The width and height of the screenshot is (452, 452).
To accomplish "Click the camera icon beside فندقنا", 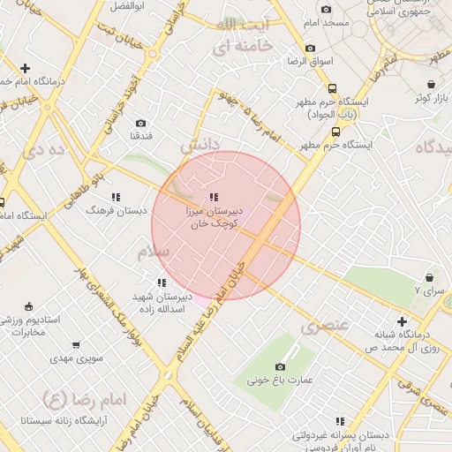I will tap(140, 124).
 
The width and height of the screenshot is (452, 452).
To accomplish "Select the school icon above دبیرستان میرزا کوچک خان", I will tap(213, 198).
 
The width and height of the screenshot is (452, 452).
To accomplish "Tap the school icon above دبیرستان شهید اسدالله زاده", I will tap(161, 282).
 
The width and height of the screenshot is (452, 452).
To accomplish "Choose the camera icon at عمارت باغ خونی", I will tap(281, 366).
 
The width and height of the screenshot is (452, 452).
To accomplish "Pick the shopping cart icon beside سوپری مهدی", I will tap(76, 345).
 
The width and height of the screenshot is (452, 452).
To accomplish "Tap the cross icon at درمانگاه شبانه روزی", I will tap(402, 321).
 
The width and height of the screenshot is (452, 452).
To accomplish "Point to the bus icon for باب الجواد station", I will tap(332, 89).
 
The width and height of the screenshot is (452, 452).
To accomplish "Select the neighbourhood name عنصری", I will tap(325, 327).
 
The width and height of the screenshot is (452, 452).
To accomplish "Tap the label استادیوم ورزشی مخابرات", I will tap(31, 325).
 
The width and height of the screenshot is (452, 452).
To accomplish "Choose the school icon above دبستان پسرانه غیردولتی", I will tap(340, 421).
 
